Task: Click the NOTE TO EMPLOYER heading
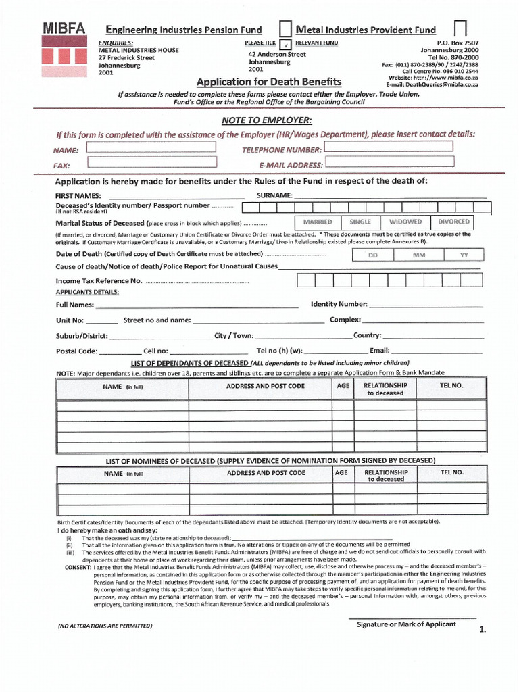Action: click(x=266, y=120)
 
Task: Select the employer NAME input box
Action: click(x=152, y=148)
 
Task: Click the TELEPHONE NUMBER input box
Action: click(x=389, y=147)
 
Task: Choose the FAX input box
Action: click(x=152, y=162)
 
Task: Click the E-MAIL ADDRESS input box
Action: click(x=389, y=163)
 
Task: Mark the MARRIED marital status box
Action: click(x=317, y=222)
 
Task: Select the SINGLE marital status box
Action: click(x=360, y=222)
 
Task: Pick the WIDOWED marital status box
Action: click(x=405, y=222)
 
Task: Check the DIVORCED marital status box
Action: click(x=453, y=222)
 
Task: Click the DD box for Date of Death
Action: click(x=372, y=255)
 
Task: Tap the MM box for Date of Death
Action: click(x=418, y=255)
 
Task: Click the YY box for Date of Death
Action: click(x=464, y=255)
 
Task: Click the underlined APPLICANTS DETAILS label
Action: click(x=87, y=292)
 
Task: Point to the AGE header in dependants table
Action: click(x=343, y=385)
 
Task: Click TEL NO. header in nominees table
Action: click(x=452, y=472)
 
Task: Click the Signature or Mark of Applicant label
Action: click(x=406, y=624)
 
